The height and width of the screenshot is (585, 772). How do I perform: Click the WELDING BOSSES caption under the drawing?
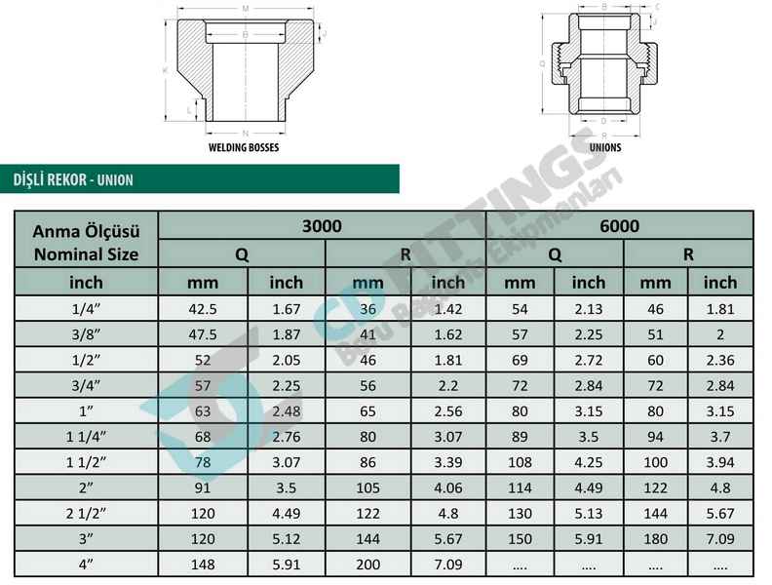click(x=244, y=147)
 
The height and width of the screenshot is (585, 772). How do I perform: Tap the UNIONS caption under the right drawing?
click(x=605, y=147)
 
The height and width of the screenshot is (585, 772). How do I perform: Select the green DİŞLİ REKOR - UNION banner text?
click(x=73, y=179)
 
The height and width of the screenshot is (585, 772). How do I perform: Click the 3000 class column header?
click(x=322, y=226)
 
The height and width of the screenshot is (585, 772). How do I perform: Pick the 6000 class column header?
click(x=619, y=226)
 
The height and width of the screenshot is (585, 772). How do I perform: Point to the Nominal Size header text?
click(x=86, y=254)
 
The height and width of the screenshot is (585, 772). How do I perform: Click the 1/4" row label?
click(x=86, y=309)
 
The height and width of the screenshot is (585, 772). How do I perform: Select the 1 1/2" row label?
click(x=86, y=462)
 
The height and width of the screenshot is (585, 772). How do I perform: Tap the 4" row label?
click(x=86, y=565)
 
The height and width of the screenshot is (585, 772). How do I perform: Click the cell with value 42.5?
click(x=203, y=309)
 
